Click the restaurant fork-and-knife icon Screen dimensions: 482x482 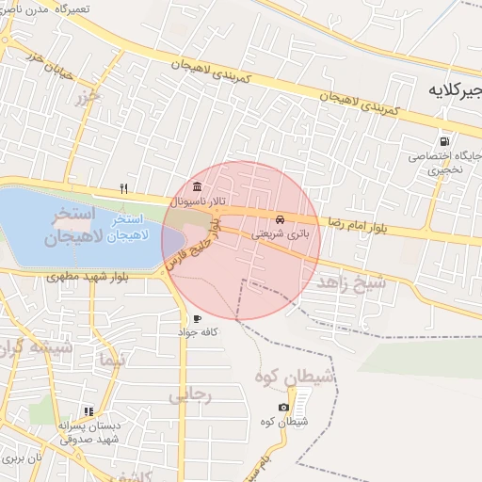tap(123, 188)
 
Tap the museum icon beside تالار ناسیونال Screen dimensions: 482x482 tap(196, 185)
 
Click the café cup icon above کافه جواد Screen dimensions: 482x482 tap(196, 318)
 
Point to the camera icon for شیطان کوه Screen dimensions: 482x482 tap(283, 407)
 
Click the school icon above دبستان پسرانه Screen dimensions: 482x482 tap(88, 411)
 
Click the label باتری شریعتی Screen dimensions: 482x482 tap(278, 235)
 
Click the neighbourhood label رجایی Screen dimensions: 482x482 tap(190, 396)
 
